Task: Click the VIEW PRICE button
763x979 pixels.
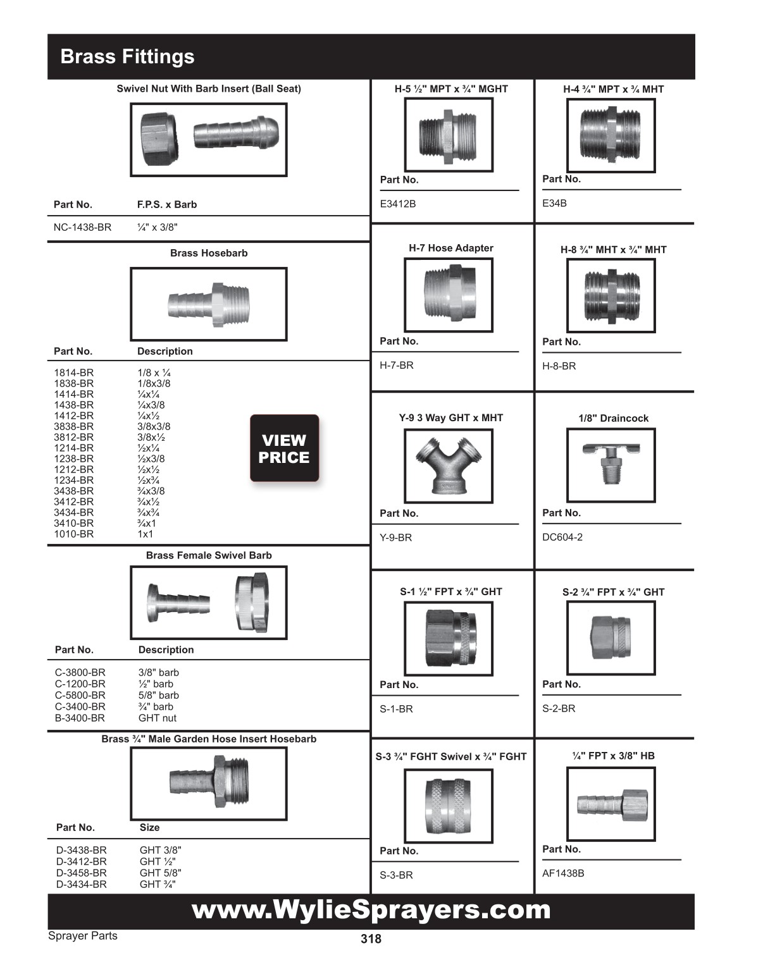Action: click(x=284, y=448)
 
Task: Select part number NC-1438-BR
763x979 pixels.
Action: click(x=82, y=227)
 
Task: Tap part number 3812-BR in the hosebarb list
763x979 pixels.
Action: click(x=73, y=437)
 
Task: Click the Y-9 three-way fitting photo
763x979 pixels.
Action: click(x=449, y=467)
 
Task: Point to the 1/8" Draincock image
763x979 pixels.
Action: click(x=611, y=465)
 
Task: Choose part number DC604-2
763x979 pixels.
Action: click(x=562, y=537)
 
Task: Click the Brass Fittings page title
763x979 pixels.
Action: click(x=127, y=56)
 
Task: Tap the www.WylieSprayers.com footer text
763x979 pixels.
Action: click(x=371, y=910)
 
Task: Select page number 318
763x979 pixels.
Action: click(x=371, y=939)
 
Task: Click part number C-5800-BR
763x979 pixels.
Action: click(x=80, y=695)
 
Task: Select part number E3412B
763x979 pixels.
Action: click(x=398, y=204)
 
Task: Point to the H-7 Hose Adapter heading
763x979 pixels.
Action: click(x=451, y=248)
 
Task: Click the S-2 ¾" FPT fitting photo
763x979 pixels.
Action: click(x=611, y=637)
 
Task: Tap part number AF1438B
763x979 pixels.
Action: click(x=563, y=873)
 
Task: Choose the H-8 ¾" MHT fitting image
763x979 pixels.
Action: click(x=611, y=295)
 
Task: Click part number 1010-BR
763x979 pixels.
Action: click(x=73, y=534)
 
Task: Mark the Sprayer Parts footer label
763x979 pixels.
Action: click(x=83, y=936)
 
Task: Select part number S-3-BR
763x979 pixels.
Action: click(x=396, y=875)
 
